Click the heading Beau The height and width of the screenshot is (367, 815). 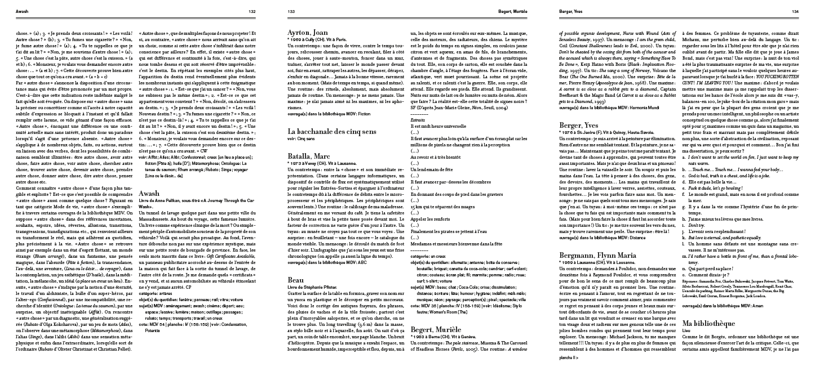click(x=296, y=279)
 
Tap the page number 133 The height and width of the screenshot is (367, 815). click(x=291, y=11)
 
